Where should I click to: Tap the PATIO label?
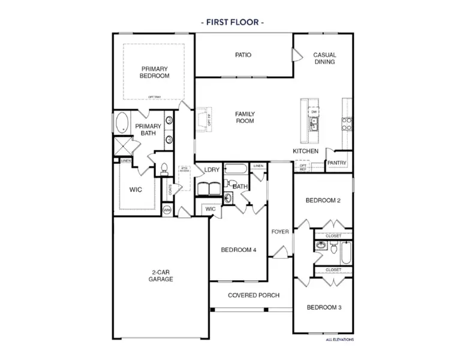coord(243,55)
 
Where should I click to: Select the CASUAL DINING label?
coord(324,58)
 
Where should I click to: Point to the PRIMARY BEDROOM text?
coord(155,72)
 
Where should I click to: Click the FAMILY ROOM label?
coord(245,117)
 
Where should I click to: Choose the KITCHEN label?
coord(305,151)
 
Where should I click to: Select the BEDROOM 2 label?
coord(323,200)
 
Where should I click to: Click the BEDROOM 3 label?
coord(324,308)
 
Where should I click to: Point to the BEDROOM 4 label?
coord(239,250)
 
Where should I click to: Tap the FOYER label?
coord(280,231)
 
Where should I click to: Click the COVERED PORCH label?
coord(253,295)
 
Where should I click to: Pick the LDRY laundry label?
coord(211,170)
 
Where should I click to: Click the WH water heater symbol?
coord(167,209)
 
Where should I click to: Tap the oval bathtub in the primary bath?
coord(122,122)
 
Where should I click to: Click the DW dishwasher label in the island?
coord(314,112)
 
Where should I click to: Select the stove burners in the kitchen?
coord(347,123)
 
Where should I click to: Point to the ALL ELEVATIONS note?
coord(339,340)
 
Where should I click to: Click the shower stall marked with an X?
coord(124,146)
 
